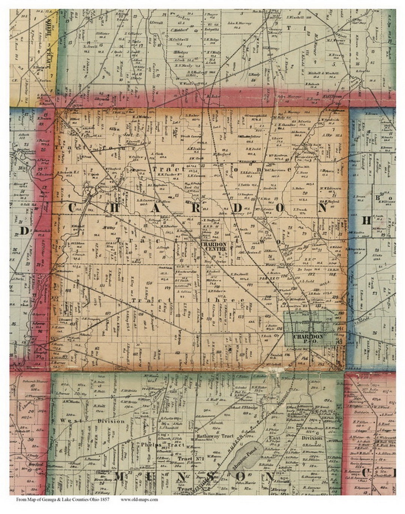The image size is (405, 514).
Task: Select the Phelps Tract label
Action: [162, 445]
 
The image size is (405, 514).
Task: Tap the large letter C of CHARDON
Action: [73, 207]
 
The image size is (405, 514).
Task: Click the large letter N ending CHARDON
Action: [322, 209]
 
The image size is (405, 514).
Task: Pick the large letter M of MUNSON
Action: [120, 477]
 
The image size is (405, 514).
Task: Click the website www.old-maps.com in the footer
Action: [139, 499]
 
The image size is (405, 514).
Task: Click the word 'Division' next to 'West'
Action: [111, 421]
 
